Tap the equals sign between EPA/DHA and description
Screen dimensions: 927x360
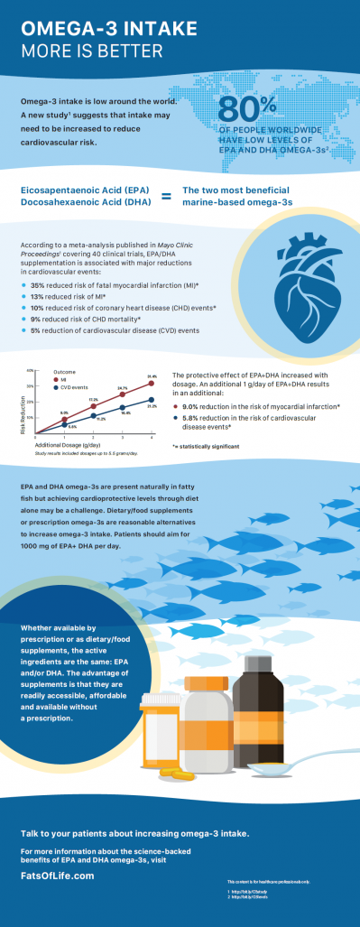(165, 197)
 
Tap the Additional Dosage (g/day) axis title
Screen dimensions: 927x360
(69, 445)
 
